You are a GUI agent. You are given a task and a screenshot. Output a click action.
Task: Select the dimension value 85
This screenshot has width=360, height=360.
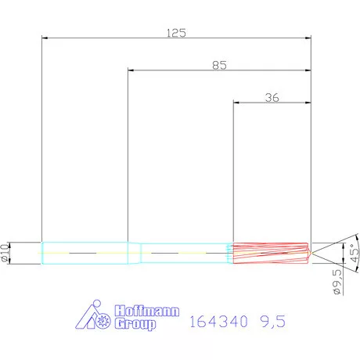[218, 66]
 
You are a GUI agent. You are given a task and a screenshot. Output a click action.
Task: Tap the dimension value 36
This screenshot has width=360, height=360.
[272, 98]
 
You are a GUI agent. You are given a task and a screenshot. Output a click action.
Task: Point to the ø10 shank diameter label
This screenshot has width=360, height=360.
[7, 252]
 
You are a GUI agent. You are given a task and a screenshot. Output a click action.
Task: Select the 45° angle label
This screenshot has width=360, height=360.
[353, 252]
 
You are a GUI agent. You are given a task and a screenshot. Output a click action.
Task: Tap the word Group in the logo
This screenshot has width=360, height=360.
[135, 322]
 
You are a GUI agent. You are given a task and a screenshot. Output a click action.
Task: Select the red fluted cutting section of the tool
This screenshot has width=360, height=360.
[270, 252]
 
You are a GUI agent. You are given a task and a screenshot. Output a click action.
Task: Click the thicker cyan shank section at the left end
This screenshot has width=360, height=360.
[85, 252]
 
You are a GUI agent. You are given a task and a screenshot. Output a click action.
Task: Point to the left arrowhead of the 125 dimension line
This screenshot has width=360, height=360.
[45, 37]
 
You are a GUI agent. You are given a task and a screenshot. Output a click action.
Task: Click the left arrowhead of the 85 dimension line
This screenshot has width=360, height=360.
[131, 70]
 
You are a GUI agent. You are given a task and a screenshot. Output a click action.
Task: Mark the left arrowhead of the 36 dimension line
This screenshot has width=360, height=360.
[237, 103]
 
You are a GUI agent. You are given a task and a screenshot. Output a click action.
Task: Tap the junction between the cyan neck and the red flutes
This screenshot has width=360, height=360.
[233, 252]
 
